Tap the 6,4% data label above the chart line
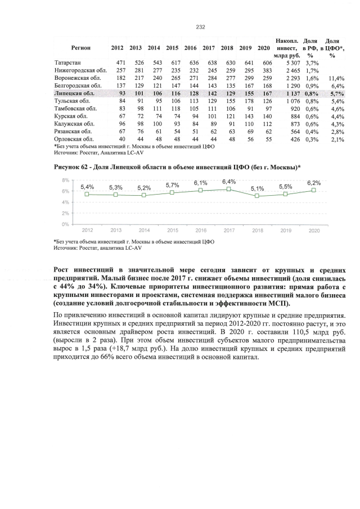pyautogui.click(x=229, y=182)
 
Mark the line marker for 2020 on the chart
pyautogui.click(x=314, y=190)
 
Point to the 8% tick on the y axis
pyautogui.click(x=65, y=181)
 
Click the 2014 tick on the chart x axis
pyautogui.click(x=144, y=231)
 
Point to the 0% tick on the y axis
pyautogui.click(x=65, y=224)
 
